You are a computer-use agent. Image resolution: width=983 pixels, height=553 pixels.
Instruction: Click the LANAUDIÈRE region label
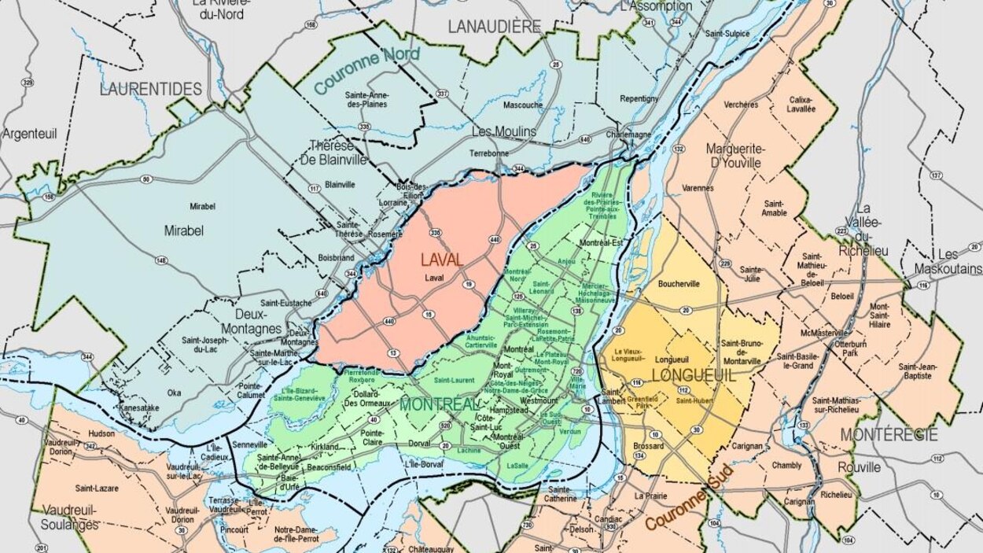[495, 26]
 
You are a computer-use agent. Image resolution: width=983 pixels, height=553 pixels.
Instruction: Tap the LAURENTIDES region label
[151, 89]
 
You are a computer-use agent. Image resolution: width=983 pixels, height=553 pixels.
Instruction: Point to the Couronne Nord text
[367, 71]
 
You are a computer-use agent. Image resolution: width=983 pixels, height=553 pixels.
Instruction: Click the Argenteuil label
[29, 134]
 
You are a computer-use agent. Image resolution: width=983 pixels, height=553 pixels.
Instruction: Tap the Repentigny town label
[639, 99]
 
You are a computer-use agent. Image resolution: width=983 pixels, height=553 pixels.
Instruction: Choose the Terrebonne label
[488, 153]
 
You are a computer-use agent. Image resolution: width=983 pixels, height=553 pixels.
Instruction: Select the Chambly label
[786, 466]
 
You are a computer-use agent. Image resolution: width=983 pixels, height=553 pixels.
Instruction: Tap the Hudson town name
[101, 433]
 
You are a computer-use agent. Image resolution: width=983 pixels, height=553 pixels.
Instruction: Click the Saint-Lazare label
[97, 488]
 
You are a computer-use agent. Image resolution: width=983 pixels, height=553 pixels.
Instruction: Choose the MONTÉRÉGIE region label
[889, 434]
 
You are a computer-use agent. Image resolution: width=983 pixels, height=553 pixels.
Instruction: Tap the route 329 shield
[28, 83]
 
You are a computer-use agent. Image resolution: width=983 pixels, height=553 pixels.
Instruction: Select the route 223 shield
[841, 230]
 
